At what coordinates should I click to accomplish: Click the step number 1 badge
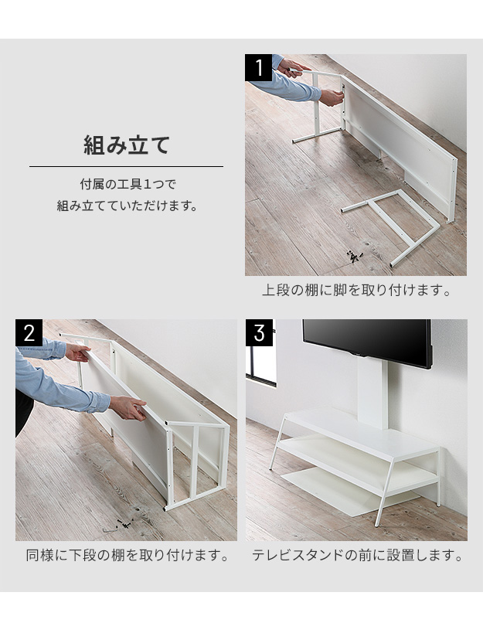pos(258,67)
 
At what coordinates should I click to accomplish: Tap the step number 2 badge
pos(29,332)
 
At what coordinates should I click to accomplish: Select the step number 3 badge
pos(259,332)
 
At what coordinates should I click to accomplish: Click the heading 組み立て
pos(127,145)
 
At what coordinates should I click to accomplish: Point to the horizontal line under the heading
pos(126,166)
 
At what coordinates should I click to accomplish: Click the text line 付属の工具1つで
pos(128,185)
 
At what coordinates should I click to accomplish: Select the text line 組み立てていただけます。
pos(127,206)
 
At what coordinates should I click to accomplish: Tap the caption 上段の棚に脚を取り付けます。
pos(356,291)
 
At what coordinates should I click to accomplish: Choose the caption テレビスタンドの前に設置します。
pos(357,555)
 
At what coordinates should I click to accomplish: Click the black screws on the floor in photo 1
pos(355,257)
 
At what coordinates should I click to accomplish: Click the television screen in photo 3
pos(366,341)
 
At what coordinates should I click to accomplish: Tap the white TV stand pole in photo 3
pos(372,393)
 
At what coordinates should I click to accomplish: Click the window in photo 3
pos(260,365)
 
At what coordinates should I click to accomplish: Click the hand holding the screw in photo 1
pos(332,97)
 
